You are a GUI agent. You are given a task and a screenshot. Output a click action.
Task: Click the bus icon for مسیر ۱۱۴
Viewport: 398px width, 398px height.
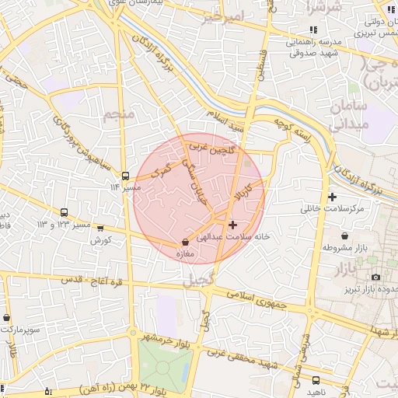point(126,176)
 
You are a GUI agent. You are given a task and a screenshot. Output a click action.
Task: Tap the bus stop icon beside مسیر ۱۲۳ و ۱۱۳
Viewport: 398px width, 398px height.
point(64,212)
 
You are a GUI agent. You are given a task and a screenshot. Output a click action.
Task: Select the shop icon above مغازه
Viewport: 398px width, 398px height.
point(184,243)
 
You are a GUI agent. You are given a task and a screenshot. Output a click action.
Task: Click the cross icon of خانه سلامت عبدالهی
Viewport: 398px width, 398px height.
point(232,224)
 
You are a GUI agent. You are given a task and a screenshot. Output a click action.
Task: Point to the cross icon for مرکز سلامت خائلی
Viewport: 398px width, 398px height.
point(333,197)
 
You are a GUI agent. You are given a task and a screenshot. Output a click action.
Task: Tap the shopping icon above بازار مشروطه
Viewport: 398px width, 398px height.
point(344,236)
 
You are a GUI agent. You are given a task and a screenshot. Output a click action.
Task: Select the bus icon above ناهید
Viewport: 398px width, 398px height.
point(316,380)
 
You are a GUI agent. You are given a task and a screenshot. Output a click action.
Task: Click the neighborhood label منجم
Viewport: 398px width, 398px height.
point(119,116)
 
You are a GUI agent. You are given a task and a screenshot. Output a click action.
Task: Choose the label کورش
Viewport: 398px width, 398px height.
point(96,240)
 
